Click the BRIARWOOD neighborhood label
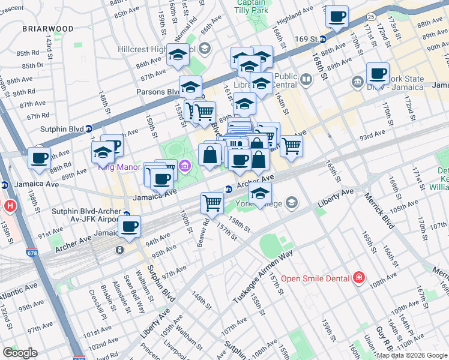coord(48,28)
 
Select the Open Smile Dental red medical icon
coord(359,277)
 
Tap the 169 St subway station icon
coord(323,39)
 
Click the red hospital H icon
coord(10,206)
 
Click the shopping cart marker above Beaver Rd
coord(212,202)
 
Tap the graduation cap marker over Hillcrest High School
coord(178,55)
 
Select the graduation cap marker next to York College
coord(260,193)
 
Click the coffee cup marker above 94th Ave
coord(129,226)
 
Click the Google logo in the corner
coord(20,353)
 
